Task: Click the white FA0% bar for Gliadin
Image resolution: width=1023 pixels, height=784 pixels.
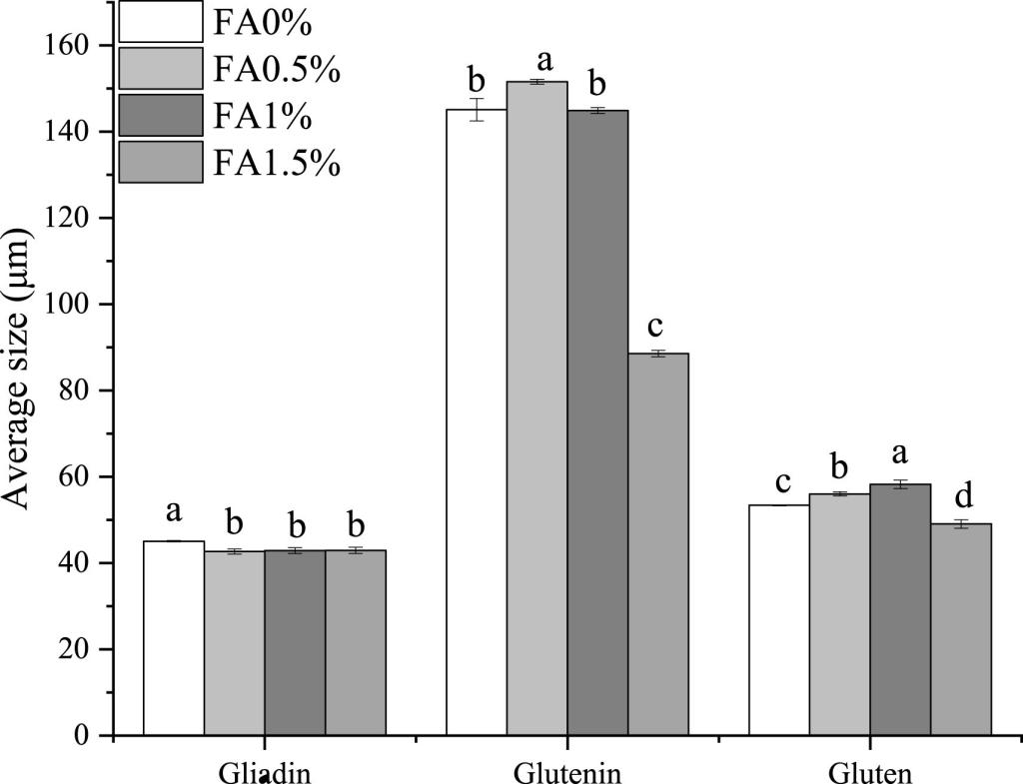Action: point(174,639)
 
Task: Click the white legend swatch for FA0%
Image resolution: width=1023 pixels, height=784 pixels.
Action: point(160,21)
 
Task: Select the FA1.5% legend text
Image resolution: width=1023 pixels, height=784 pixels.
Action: point(276,162)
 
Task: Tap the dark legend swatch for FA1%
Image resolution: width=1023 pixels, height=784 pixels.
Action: point(160,115)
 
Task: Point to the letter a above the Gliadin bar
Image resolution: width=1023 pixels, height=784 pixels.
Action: point(174,512)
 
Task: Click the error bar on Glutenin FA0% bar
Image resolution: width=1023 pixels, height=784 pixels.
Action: point(477,109)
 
